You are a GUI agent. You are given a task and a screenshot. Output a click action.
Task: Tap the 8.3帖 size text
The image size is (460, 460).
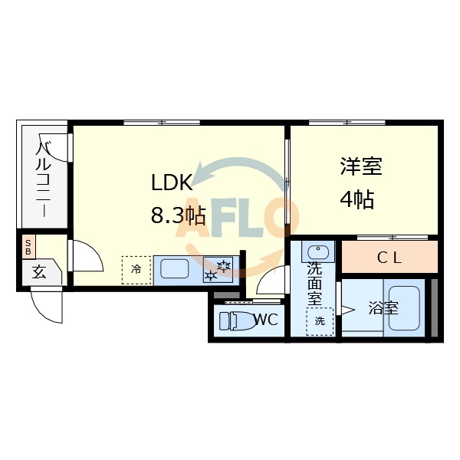[x=178, y=216]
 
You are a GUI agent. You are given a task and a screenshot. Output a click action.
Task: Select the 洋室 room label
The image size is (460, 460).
[x=361, y=166]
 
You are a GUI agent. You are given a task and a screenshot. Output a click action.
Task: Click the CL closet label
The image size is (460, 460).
[x=389, y=258]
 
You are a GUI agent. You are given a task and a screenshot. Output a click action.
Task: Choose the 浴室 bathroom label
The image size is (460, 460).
[x=383, y=308]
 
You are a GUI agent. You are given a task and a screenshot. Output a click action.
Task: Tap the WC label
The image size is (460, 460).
[x=265, y=320]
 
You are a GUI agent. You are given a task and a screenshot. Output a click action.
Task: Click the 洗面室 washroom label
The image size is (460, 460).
[x=314, y=283]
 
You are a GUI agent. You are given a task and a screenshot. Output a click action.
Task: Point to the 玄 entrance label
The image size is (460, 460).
[x=38, y=271]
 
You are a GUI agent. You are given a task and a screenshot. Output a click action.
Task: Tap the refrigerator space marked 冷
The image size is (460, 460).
[x=136, y=269]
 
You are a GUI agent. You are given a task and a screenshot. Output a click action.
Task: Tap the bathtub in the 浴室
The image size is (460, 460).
[x=404, y=309]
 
